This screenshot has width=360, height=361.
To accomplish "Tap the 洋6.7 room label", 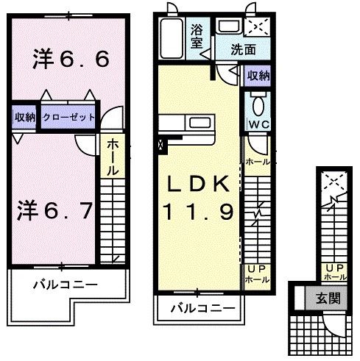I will click(x=54, y=211).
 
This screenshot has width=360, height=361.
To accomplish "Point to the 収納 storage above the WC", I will click(x=258, y=75).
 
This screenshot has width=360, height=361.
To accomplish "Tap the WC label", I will click(x=258, y=124).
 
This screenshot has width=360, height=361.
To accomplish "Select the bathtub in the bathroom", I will click(x=172, y=40).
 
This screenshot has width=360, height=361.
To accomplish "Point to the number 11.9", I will click(x=199, y=212).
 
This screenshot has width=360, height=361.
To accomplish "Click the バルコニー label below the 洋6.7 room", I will click(x=65, y=285).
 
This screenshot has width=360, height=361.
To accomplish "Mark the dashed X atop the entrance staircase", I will click(x=334, y=179).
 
